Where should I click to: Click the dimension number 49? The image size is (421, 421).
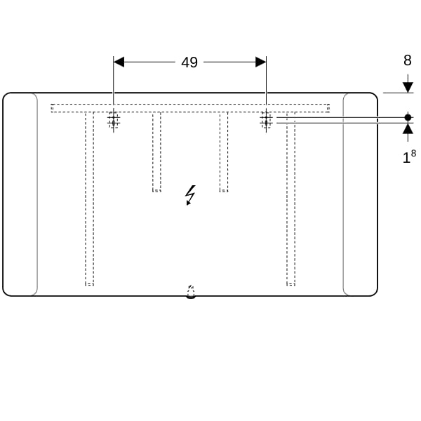pos(189,62)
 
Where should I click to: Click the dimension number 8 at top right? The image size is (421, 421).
pos(408,60)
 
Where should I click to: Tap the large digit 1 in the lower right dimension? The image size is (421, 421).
pos(406,158)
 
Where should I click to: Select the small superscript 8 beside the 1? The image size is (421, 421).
pos(413,153)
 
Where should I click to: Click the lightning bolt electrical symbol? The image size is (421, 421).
pos(190,195)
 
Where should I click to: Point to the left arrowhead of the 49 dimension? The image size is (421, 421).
pos(119,62)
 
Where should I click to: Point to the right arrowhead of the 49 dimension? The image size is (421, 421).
pos(261,62)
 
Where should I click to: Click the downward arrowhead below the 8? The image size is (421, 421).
pos(408,88)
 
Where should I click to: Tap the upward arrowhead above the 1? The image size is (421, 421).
pos(408,128)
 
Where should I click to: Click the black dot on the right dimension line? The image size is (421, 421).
pos(408,117)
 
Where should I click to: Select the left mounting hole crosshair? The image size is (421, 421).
pos(114,120)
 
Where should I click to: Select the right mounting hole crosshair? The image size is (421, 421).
pos(266,120)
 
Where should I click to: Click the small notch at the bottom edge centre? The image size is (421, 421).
pos(191,292)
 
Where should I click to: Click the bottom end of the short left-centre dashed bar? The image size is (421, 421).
pos(156,190)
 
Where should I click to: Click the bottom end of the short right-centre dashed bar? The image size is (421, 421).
pos(224,190)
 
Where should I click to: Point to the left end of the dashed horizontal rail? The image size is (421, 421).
pos(52,108)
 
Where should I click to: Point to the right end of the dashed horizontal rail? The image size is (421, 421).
pos(328,108)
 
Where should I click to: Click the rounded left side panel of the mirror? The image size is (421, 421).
pos(20,194)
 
